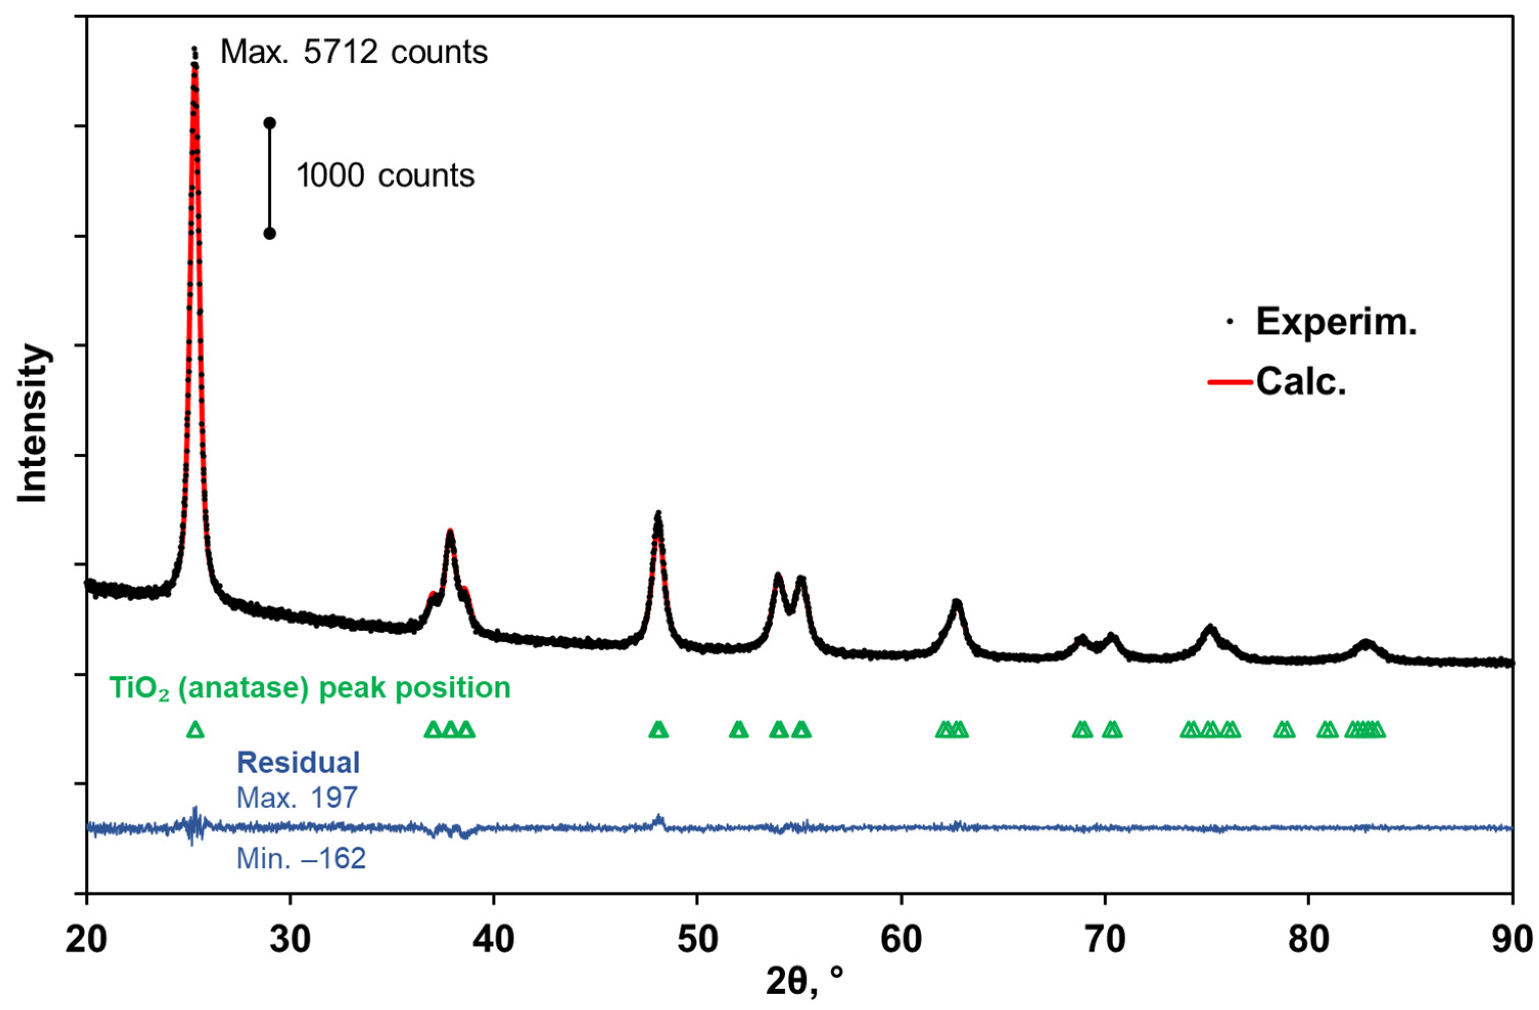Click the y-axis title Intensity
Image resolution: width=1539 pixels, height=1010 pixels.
(x=32, y=424)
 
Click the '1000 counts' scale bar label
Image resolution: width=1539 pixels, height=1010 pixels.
(x=385, y=176)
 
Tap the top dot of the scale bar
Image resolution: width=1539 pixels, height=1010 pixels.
(x=270, y=123)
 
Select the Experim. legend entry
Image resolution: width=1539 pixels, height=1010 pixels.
(x=1335, y=322)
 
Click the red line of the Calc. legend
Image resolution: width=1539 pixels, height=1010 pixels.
(x=1230, y=382)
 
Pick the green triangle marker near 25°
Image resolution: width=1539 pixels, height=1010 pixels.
(x=195, y=730)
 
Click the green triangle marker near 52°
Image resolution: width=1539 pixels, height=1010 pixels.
(x=739, y=730)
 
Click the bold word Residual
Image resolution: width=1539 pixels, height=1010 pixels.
(x=298, y=762)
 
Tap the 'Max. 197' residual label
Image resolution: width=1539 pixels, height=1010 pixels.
(x=297, y=798)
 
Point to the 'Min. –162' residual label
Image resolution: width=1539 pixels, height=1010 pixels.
(x=301, y=859)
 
